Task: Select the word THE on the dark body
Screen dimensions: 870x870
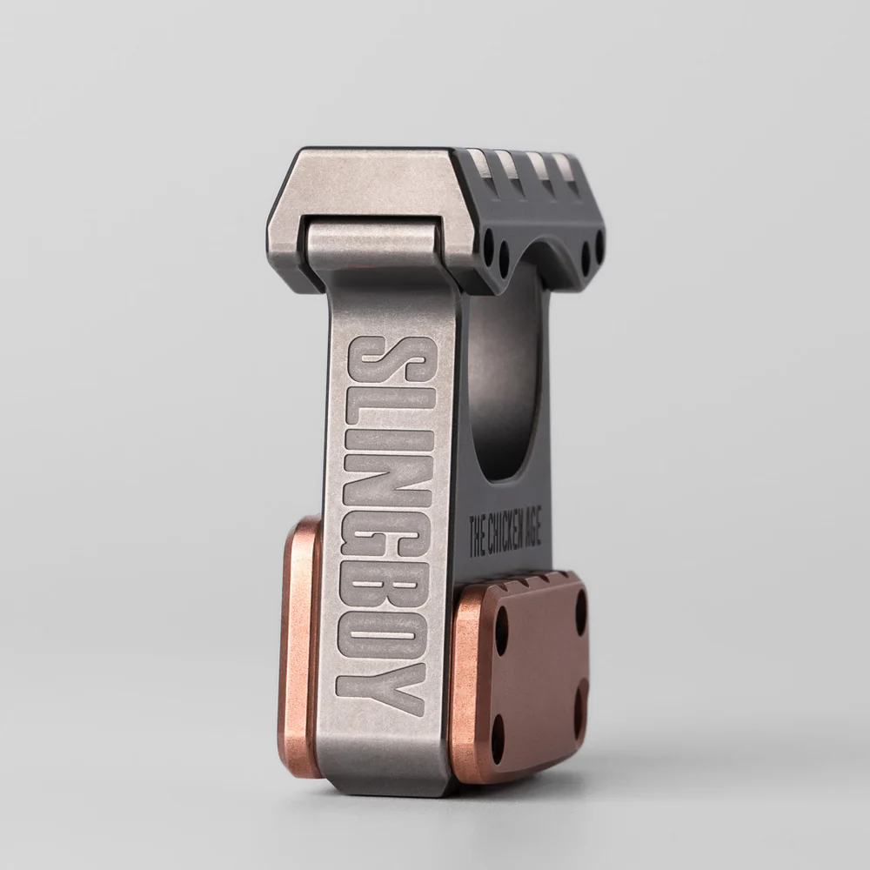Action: [477, 544]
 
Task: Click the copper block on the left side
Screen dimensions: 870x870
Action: [299, 644]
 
